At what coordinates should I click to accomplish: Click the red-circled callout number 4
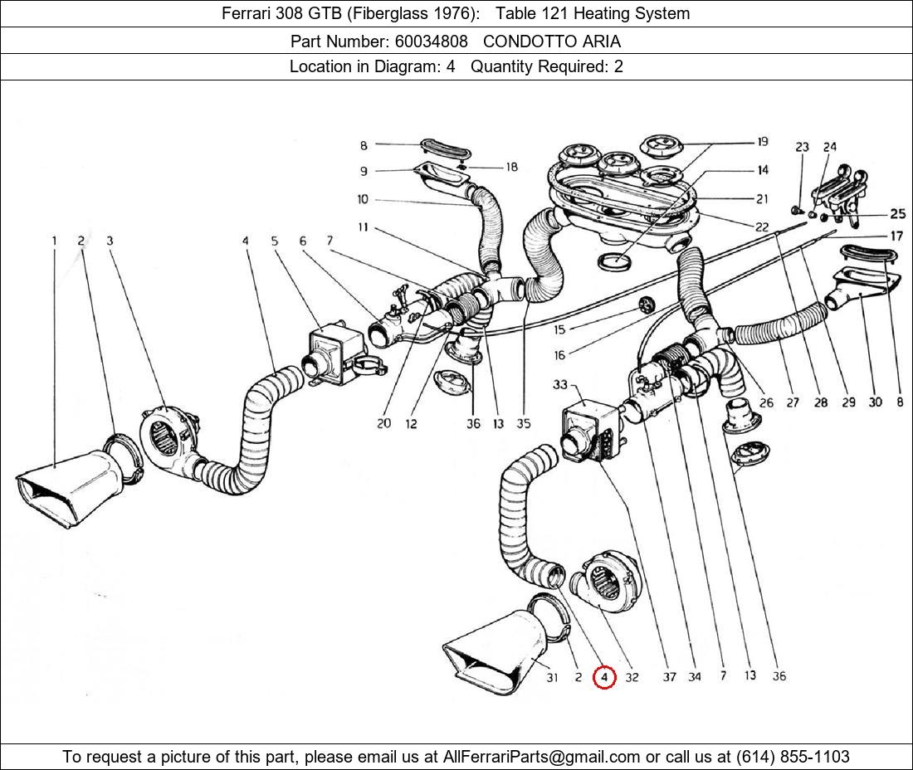click(x=604, y=678)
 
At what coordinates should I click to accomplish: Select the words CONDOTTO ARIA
click(x=551, y=41)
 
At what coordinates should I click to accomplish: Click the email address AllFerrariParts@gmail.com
click(x=542, y=757)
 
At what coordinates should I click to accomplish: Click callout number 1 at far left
click(x=55, y=241)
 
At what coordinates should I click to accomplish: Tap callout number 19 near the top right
click(x=761, y=143)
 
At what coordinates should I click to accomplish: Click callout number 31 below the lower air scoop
click(x=552, y=678)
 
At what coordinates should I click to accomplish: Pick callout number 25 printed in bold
click(x=897, y=214)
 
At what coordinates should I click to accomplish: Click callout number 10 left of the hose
click(x=364, y=200)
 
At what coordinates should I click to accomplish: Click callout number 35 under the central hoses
click(x=523, y=424)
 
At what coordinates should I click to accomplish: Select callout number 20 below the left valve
click(x=383, y=424)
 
